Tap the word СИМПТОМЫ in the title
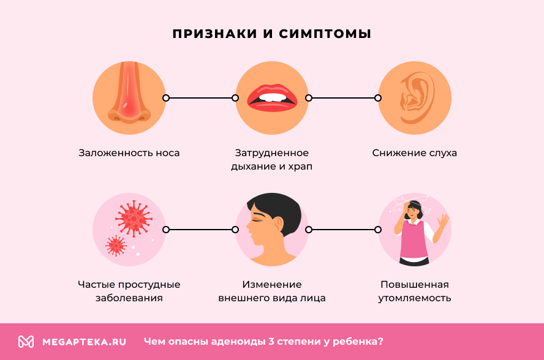(325, 34)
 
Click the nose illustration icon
(129, 97)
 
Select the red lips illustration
(272, 98)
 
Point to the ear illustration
(415, 98)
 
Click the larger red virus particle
(134, 217)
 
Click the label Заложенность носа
(129, 153)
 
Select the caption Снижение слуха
(415, 153)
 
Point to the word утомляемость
(415, 298)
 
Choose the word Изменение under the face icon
(272, 285)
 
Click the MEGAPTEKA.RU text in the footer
(85, 342)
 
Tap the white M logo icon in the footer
(26, 342)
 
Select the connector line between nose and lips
(200, 98)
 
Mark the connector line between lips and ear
(343, 98)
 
